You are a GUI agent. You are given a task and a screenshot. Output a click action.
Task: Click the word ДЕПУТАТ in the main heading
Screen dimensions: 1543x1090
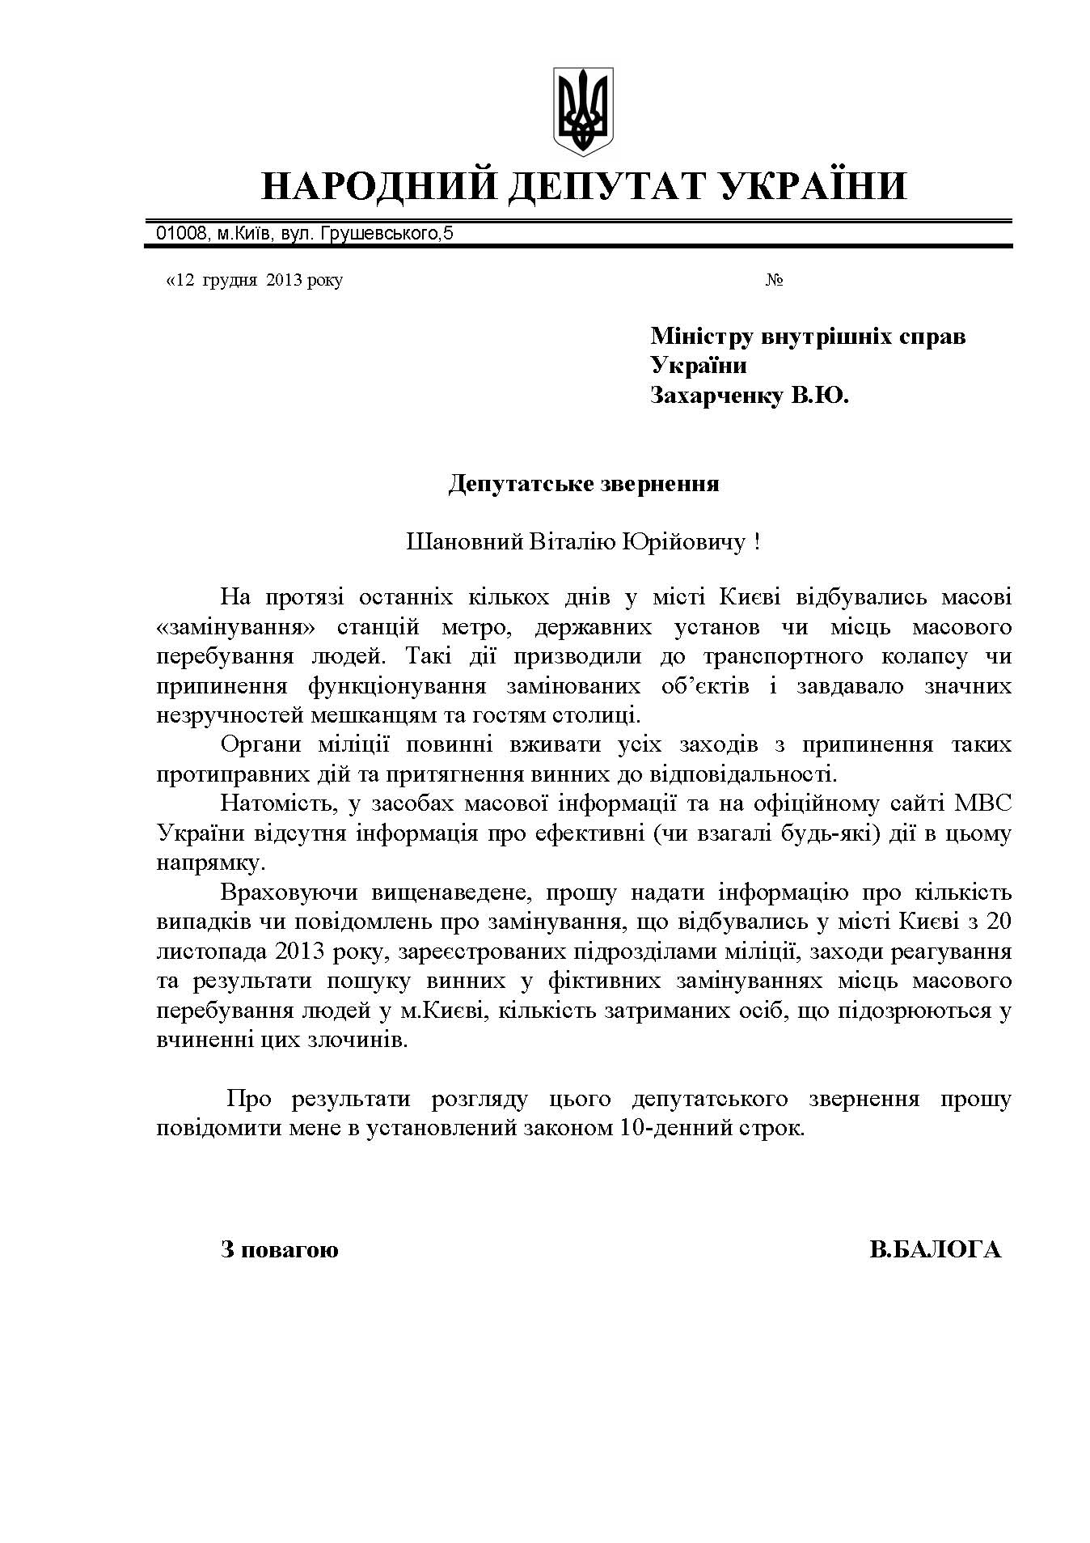tap(581, 186)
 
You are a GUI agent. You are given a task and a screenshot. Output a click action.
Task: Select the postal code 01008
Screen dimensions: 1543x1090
tap(179, 235)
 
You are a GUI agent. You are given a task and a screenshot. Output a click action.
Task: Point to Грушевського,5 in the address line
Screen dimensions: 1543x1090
tap(387, 235)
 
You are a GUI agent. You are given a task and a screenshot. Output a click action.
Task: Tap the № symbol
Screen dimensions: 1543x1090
tap(774, 281)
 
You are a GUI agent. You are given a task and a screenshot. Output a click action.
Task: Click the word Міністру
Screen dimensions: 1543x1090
tap(699, 336)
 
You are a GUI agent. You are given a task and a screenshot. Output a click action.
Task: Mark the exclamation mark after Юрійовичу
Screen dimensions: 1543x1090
tap(756, 541)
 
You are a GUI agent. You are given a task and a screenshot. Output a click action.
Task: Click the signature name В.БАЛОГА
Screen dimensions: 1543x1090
tap(935, 1249)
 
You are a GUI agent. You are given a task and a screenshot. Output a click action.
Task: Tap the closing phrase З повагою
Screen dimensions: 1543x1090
tap(280, 1249)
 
